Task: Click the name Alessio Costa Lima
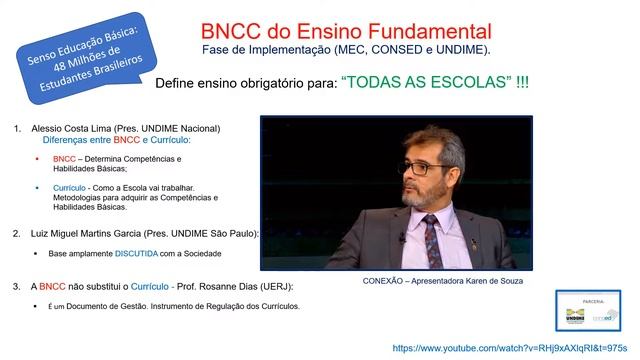point(77,129)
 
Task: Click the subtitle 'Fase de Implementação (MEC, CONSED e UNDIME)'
point(345,49)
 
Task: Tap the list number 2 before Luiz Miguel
point(17,233)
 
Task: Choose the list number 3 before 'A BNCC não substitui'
point(17,286)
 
